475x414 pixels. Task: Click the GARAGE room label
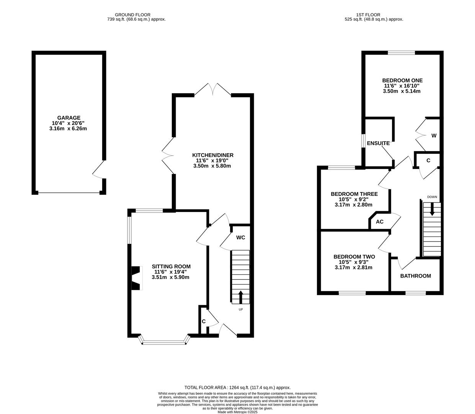pos(69,118)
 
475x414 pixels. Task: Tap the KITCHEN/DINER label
pos(212,155)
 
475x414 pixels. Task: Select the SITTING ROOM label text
pos(171,266)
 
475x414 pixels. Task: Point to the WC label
pos(240,238)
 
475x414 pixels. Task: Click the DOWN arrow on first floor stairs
pos(432,209)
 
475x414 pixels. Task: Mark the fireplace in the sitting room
pos(136,278)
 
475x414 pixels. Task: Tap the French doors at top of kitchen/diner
pos(213,89)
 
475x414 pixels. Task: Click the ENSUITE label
pos(378,143)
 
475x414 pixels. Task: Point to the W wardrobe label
pos(434,135)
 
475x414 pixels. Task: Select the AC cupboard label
pos(380,222)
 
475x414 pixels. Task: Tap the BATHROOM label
pos(415,276)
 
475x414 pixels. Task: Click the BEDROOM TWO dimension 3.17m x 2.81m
pos(353,268)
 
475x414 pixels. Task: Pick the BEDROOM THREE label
pos(354,194)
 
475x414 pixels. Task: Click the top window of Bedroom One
pos(401,53)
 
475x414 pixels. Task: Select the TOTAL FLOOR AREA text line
pos(237,388)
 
